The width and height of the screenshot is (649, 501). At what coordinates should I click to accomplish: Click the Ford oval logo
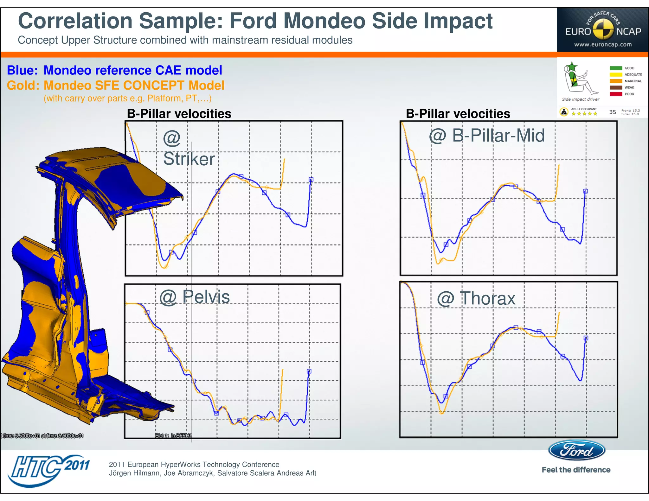pyautogui.click(x=576, y=450)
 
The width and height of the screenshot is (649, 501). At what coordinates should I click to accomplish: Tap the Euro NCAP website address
pyautogui.click(x=603, y=45)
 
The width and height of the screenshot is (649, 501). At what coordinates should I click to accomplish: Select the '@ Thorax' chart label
pyautogui.click(x=476, y=298)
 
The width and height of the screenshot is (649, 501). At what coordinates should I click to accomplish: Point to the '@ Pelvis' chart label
pyautogui.click(x=195, y=297)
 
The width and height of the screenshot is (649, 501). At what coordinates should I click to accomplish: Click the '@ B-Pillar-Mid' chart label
pyautogui.click(x=487, y=136)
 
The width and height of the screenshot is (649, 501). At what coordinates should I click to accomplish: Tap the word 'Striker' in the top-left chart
pyautogui.click(x=189, y=159)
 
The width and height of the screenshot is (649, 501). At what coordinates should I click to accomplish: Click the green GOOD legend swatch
pyautogui.click(x=616, y=68)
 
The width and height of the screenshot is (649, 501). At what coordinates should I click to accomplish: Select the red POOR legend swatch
pyautogui.click(x=616, y=94)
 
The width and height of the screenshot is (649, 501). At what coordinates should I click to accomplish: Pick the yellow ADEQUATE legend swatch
pyautogui.click(x=616, y=75)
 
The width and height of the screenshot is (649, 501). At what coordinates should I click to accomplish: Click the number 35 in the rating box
pyautogui.click(x=613, y=112)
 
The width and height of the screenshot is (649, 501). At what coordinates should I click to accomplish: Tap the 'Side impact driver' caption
pyautogui.click(x=581, y=99)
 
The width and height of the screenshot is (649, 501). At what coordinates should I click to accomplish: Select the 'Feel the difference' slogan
pyautogui.click(x=576, y=470)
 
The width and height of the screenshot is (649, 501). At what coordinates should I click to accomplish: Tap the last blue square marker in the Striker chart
pyautogui.click(x=311, y=180)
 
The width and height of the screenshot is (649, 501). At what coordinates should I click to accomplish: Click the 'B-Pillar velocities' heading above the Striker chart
pyautogui.click(x=179, y=114)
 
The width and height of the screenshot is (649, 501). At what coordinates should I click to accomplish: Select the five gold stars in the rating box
pyautogui.click(x=584, y=114)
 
